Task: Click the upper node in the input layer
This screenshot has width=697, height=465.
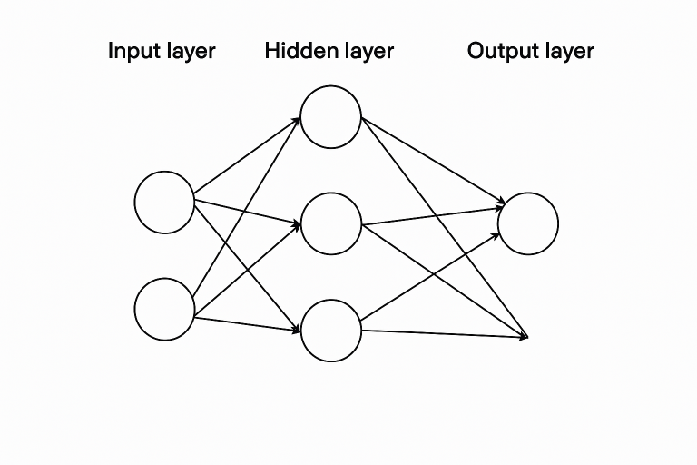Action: (x=164, y=202)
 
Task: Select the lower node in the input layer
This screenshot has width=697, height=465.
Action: (x=164, y=310)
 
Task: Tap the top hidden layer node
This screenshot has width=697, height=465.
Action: (x=330, y=116)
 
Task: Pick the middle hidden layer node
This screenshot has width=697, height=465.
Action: (x=330, y=223)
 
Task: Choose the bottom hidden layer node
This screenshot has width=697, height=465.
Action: (x=330, y=330)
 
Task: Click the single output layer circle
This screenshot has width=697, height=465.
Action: (x=527, y=223)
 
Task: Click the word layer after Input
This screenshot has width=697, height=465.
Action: (x=190, y=51)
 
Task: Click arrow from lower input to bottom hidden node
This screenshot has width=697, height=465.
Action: (x=246, y=323)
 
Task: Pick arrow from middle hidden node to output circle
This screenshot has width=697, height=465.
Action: (x=431, y=216)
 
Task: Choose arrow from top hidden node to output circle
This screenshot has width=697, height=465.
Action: (x=431, y=161)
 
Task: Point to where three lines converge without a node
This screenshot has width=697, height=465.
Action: (x=526, y=338)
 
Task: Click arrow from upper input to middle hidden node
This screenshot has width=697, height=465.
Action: (x=246, y=211)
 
